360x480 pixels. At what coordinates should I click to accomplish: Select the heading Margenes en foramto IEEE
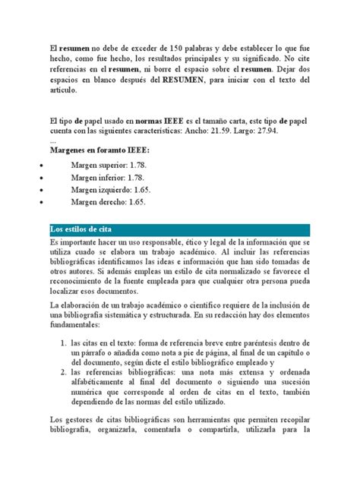coord(99,150)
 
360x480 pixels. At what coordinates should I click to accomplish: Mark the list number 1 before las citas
coord(63,346)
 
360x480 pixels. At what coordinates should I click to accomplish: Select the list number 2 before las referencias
coord(63,373)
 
